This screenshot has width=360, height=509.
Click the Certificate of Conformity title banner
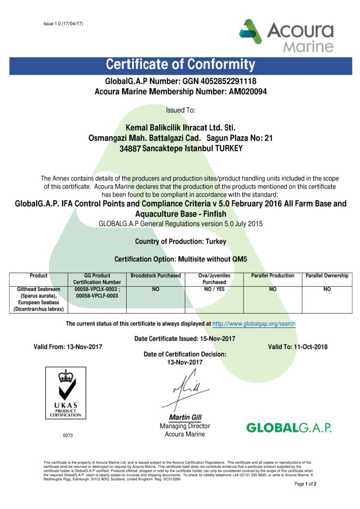point(180,65)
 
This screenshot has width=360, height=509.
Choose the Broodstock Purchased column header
point(156,275)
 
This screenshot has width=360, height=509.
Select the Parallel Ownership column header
point(327,275)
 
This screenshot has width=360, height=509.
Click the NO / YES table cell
point(214,289)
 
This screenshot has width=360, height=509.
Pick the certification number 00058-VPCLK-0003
point(96,289)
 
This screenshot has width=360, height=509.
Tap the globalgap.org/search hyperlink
point(254,324)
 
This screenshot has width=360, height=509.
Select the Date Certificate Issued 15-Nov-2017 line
point(184,339)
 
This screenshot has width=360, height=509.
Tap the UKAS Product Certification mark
point(66,393)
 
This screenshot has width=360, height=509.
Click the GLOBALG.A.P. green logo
point(288,427)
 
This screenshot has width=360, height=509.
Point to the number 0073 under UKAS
point(68,435)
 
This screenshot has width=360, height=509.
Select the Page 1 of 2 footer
point(305,484)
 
